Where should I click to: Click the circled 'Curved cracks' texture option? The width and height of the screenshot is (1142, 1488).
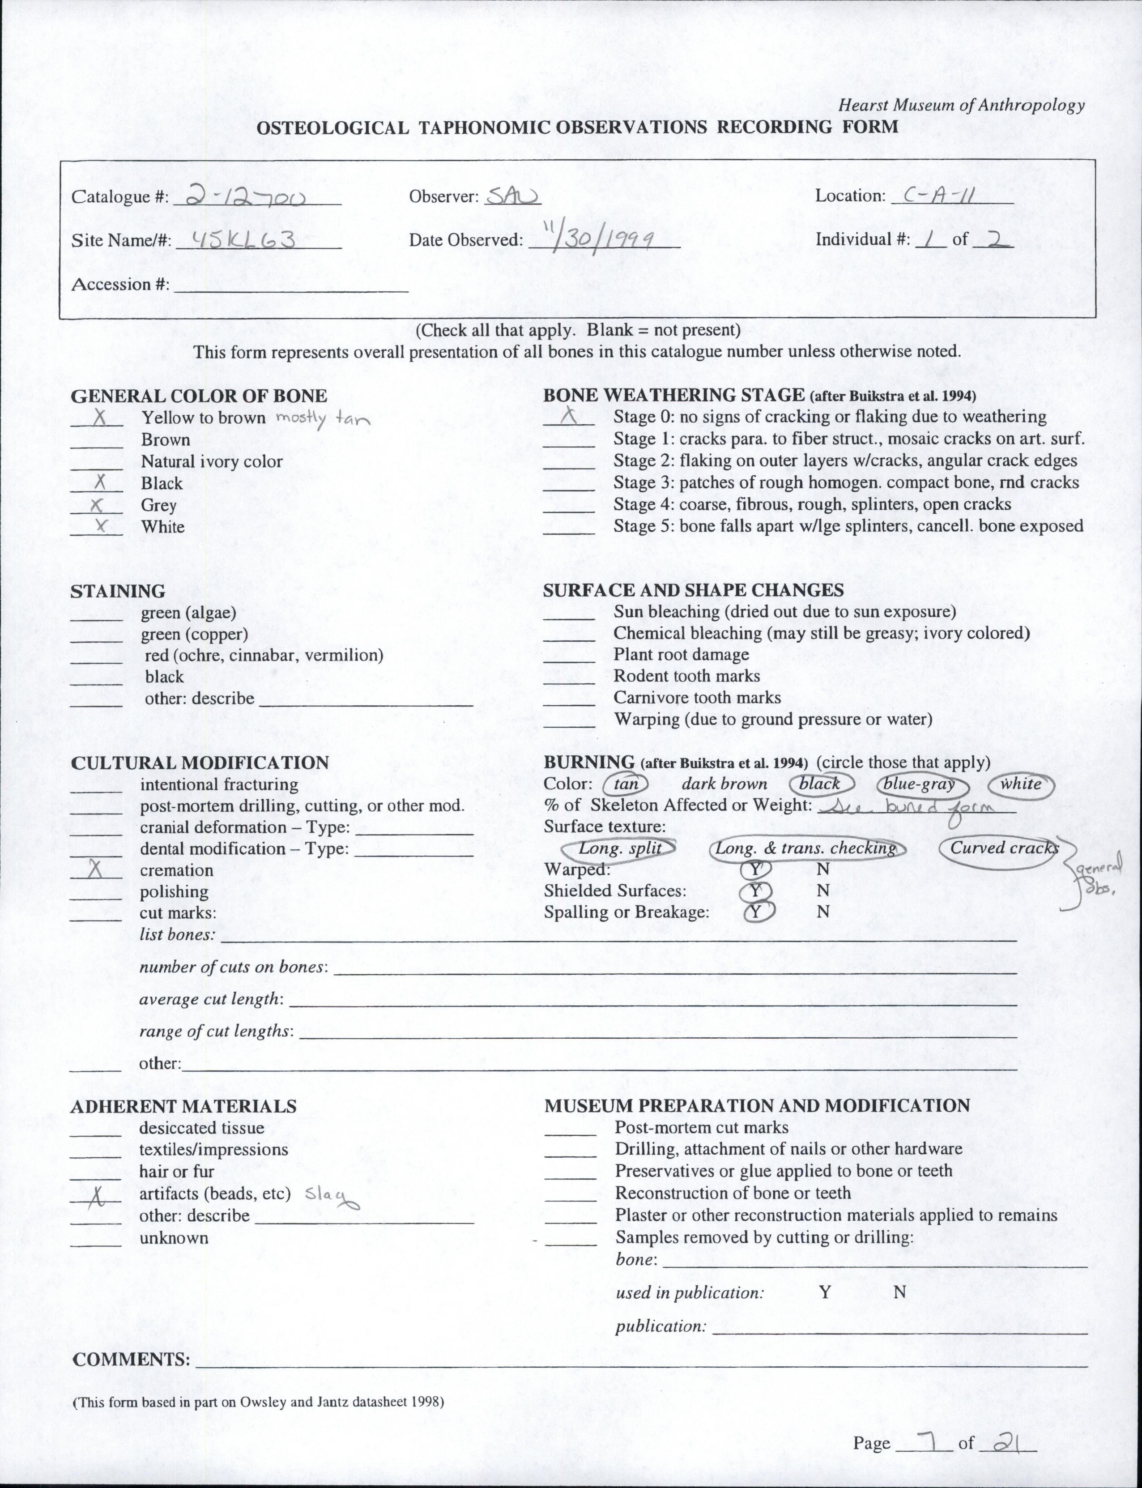coord(1003,848)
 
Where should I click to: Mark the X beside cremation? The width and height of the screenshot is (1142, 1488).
coord(97,870)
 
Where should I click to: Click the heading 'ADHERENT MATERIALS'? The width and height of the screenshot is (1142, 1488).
coord(183,1106)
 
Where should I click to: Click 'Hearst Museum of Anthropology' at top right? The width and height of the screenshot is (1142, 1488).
coord(960,105)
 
